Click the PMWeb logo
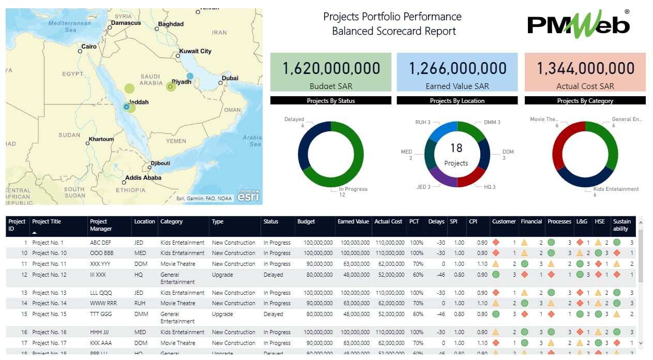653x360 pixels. pyautogui.click(x=578, y=25)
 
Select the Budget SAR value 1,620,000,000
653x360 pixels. pyautogui.click(x=330, y=68)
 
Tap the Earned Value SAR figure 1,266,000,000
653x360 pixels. pyautogui.click(x=457, y=68)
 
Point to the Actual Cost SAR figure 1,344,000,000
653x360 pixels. pyautogui.click(x=585, y=68)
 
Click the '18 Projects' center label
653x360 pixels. pyautogui.click(x=456, y=154)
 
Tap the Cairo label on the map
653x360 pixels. pyautogui.click(x=89, y=47)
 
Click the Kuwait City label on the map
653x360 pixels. pyautogui.click(x=195, y=51)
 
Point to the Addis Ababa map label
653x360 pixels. pyautogui.click(x=143, y=177)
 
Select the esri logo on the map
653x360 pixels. pyautogui.click(x=248, y=196)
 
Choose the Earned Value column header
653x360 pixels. pyautogui.click(x=353, y=221)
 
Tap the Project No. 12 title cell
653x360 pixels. pyautogui.click(x=50, y=275)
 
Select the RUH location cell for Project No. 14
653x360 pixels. pyautogui.click(x=140, y=303)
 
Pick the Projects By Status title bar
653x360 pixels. pyautogui.click(x=330, y=101)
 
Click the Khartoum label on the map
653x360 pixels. pyautogui.click(x=101, y=139)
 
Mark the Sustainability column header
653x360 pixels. pyautogui.click(x=621, y=225)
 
